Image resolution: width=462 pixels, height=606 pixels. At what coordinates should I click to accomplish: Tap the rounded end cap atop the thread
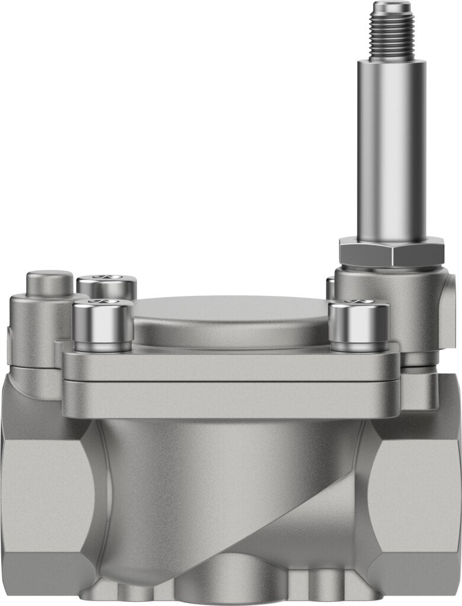click(x=391, y=8)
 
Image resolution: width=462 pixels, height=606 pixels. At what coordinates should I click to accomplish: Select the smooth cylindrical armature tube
click(x=391, y=148)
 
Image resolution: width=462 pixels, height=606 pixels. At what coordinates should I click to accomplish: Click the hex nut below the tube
click(x=392, y=252)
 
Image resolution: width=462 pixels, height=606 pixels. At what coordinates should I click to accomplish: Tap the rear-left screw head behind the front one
click(x=107, y=286)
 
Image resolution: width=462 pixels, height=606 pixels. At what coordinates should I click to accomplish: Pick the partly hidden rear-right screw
click(x=331, y=288)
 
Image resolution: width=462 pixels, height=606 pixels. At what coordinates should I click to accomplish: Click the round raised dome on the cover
click(x=231, y=320)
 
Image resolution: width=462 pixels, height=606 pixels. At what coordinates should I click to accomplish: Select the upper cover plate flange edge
click(x=231, y=367)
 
